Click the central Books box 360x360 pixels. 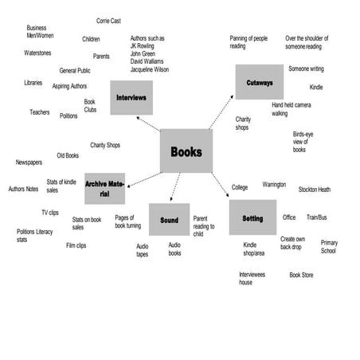pyautogui.click(x=186, y=151)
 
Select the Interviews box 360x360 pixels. pyautogui.click(x=131, y=97)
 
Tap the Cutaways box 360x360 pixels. pyautogui.click(x=260, y=82)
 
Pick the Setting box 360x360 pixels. pyautogui.click(x=252, y=217)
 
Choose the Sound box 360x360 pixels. pyautogui.click(x=169, y=220)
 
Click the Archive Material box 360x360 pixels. pyautogui.click(x=104, y=189)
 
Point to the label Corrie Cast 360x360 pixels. pyautogui.click(x=113, y=21)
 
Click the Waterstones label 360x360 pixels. pyautogui.click(x=37, y=53)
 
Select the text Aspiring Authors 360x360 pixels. pyautogui.click(x=69, y=86)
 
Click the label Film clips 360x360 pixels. pyautogui.click(x=76, y=245)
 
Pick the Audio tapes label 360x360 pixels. pyautogui.click(x=142, y=251)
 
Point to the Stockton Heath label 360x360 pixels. pyautogui.click(x=315, y=190)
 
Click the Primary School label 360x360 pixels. pyautogui.click(x=329, y=246)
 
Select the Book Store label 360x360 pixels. pyautogui.click(x=301, y=275)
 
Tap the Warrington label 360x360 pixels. pyautogui.click(x=274, y=185)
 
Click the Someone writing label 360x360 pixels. pyautogui.click(x=306, y=68)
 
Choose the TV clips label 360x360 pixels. pyautogui.click(x=50, y=213)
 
